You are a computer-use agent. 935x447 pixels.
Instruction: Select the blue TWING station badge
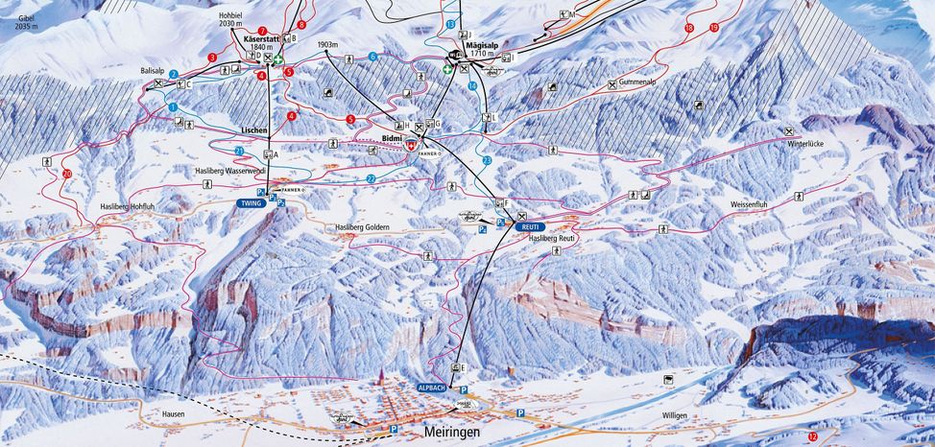click(251, 203)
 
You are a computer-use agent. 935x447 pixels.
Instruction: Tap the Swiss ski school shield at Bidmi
click(411, 146)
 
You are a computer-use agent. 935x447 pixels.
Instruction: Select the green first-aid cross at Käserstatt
click(278, 59)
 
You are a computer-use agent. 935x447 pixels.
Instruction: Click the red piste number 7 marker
click(262, 32)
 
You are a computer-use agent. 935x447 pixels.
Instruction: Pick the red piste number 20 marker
click(66, 174)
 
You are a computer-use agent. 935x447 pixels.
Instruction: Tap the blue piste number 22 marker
click(371, 178)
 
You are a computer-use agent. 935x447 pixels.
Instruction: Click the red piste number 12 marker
click(812, 436)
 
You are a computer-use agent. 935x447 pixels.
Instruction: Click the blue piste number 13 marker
click(450, 23)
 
